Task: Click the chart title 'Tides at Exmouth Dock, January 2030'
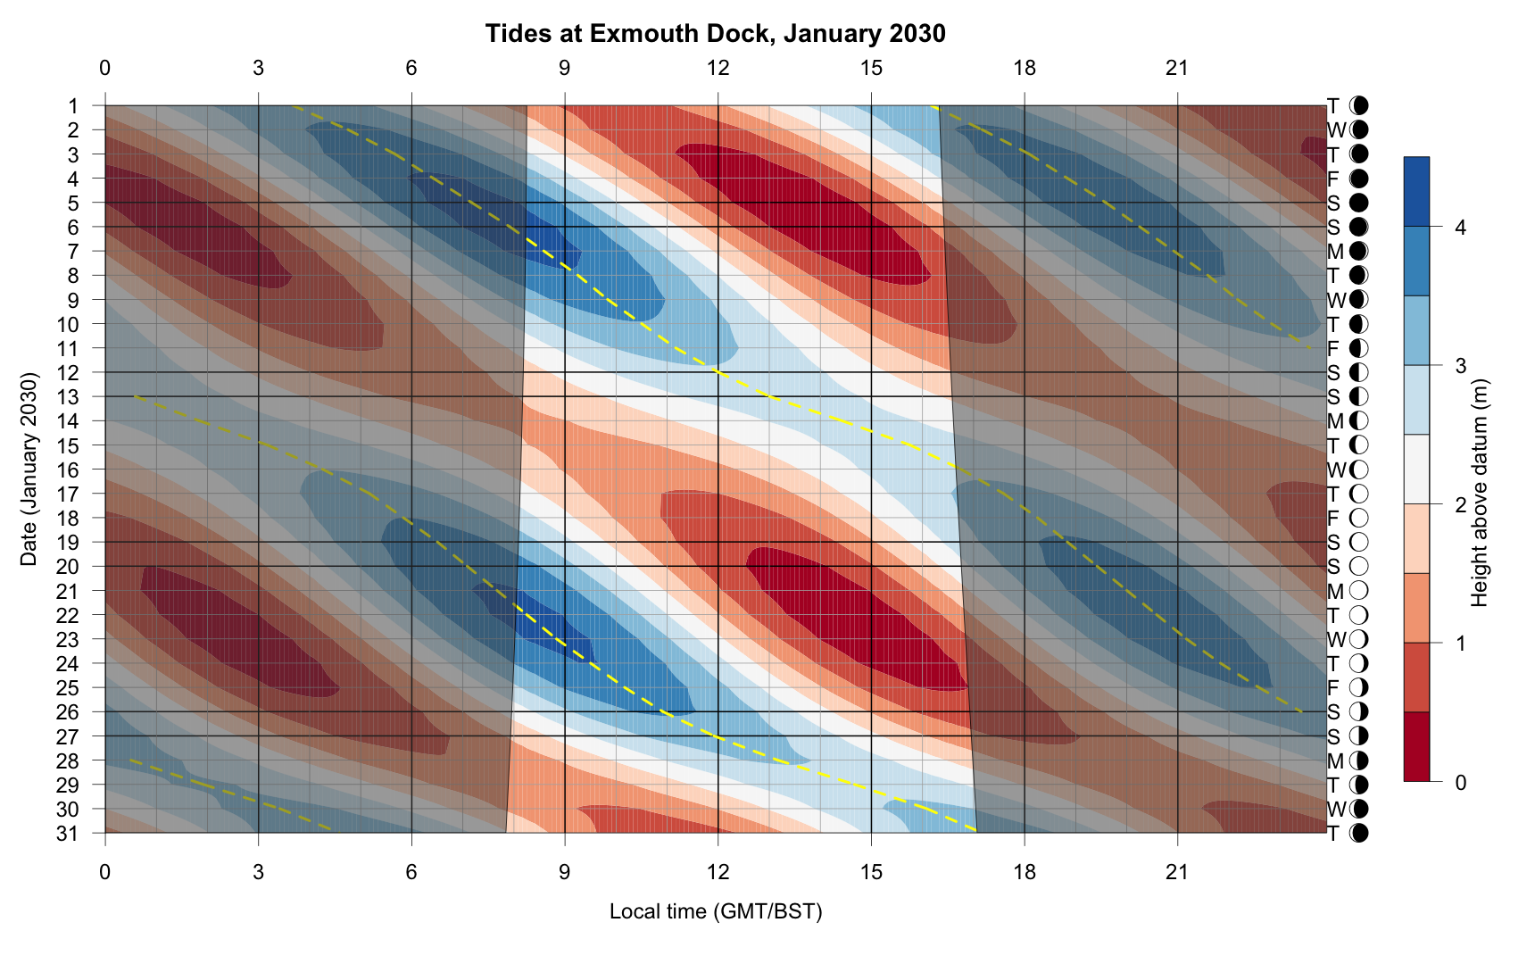(x=715, y=34)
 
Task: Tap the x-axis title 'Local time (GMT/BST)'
(x=715, y=911)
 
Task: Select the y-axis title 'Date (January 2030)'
(x=29, y=470)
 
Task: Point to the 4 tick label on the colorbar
(x=1460, y=228)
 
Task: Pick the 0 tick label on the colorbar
(x=1460, y=783)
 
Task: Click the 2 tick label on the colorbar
(x=1460, y=505)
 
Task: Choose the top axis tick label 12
(x=718, y=68)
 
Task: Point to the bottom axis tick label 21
(x=1177, y=871)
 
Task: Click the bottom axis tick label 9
(x=564, y=871)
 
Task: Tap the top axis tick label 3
(x=258, y=68)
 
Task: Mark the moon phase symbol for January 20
(x=1359, y=567)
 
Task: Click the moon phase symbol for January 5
(x=1359, y=203)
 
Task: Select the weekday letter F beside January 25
(x=1333, y=688)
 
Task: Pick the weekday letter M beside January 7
(x=1335, y=252)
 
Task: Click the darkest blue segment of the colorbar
(x=1416, y=192)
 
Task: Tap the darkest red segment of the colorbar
(x=1416, y=747)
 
